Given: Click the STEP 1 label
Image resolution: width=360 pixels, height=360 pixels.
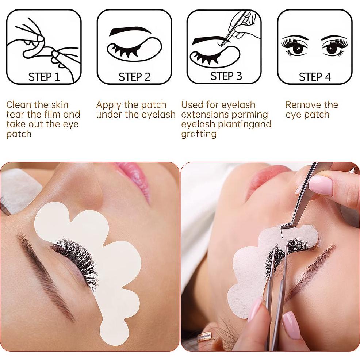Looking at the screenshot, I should tap(44, 77).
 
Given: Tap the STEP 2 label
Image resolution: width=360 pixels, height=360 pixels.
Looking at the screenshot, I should tap(134, 77).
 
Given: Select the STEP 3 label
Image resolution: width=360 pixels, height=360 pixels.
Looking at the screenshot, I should tap(226, 76).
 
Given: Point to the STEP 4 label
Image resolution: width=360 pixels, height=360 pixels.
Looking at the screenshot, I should tap(315, 77).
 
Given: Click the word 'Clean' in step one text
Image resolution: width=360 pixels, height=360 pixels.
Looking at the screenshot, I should tap(19, 105).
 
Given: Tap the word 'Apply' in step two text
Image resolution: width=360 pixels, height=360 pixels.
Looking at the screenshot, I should tap(108, 105).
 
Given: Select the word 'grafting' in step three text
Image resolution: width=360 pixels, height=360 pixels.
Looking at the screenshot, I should tap(199, 134).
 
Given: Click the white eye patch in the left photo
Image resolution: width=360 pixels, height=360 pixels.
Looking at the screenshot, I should tap(110, 256).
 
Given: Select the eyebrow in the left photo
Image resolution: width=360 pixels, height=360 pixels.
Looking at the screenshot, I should tap(44, 270).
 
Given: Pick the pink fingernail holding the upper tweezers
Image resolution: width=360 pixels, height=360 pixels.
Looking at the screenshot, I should tap(321, 184).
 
